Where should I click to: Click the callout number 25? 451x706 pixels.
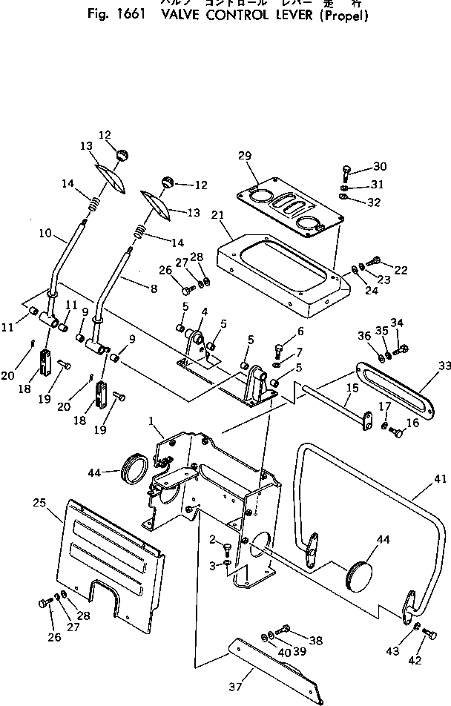pyautogui.click(x=39, y=503)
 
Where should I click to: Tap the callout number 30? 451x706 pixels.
pyautogui.click(x=380, y=166)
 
